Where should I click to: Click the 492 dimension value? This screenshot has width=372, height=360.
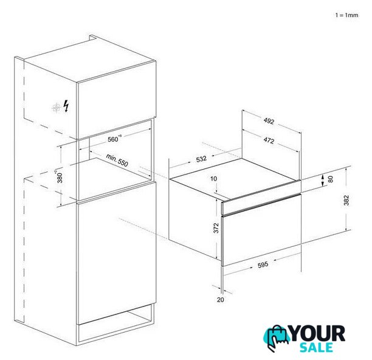pyautogui.click(x=269, y=121)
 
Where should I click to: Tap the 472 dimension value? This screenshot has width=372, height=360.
pyautogui.click(x=269, y=140)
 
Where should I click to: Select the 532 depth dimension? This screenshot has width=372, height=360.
pyautogui.click(x=201, y=159)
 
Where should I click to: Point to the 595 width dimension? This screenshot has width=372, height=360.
pyautogui.click(x=263, y=265)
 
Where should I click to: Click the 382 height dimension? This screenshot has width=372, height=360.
pyautogui.click(x=346, y=200)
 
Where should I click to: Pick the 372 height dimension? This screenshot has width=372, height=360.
pyautogui.click(x=216, y=228)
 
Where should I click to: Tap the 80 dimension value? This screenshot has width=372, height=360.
pyautogui.click(x=331, y=179)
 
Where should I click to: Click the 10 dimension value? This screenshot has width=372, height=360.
pyautogui.click(x=213, y=178)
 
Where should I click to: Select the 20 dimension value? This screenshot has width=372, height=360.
pyautogui.click(x=221, y=300)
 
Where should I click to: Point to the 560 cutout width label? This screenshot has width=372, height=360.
pyautogui.click(x=114, y=139)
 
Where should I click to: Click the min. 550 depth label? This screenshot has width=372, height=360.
pyautogui.click(x=117, y=160)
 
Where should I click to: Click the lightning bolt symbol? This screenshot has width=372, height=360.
pyautogui.click(x=66, y=106)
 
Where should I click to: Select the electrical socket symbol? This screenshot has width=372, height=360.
pyautogui.click(x=57, y=108)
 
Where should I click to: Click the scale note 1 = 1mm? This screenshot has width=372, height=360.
pyautogui.click(x=346, y=15)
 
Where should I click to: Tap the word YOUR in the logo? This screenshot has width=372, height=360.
pyautogui.click(x=318, y=333)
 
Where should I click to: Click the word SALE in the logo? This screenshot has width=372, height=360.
pyautogui.click(x=316, y=347)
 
